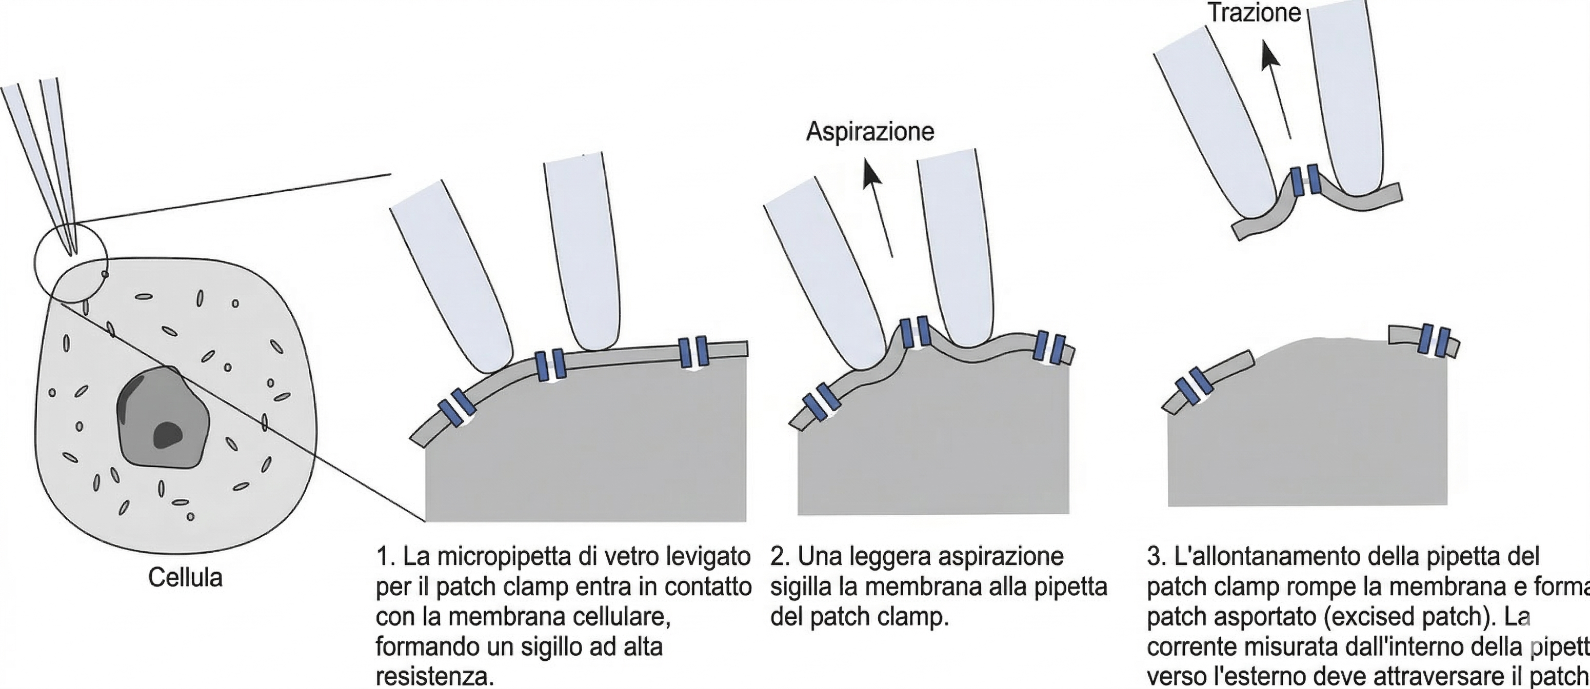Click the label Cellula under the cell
click(x=185, y=578)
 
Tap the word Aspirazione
click(x=870, y=131)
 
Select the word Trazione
click(x=1254, y=12)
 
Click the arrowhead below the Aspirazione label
click(x=871, y=172)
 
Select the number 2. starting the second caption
click(x=780, y=557)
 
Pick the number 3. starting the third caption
click(x=1156, y=557)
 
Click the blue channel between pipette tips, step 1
click(x=550, y=364)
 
